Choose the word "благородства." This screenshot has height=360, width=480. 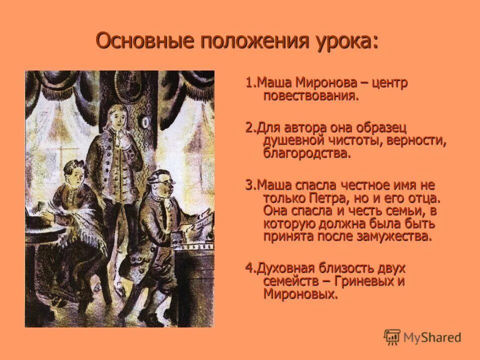pyautogui.click(x=307, y=153)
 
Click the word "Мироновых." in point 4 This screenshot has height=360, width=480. pyautogui.click(x=300, y=294)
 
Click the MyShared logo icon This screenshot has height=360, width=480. pyautogui.click(x=392, y=337)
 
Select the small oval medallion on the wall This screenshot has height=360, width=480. pyautogui.click(x=145, y=122)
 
